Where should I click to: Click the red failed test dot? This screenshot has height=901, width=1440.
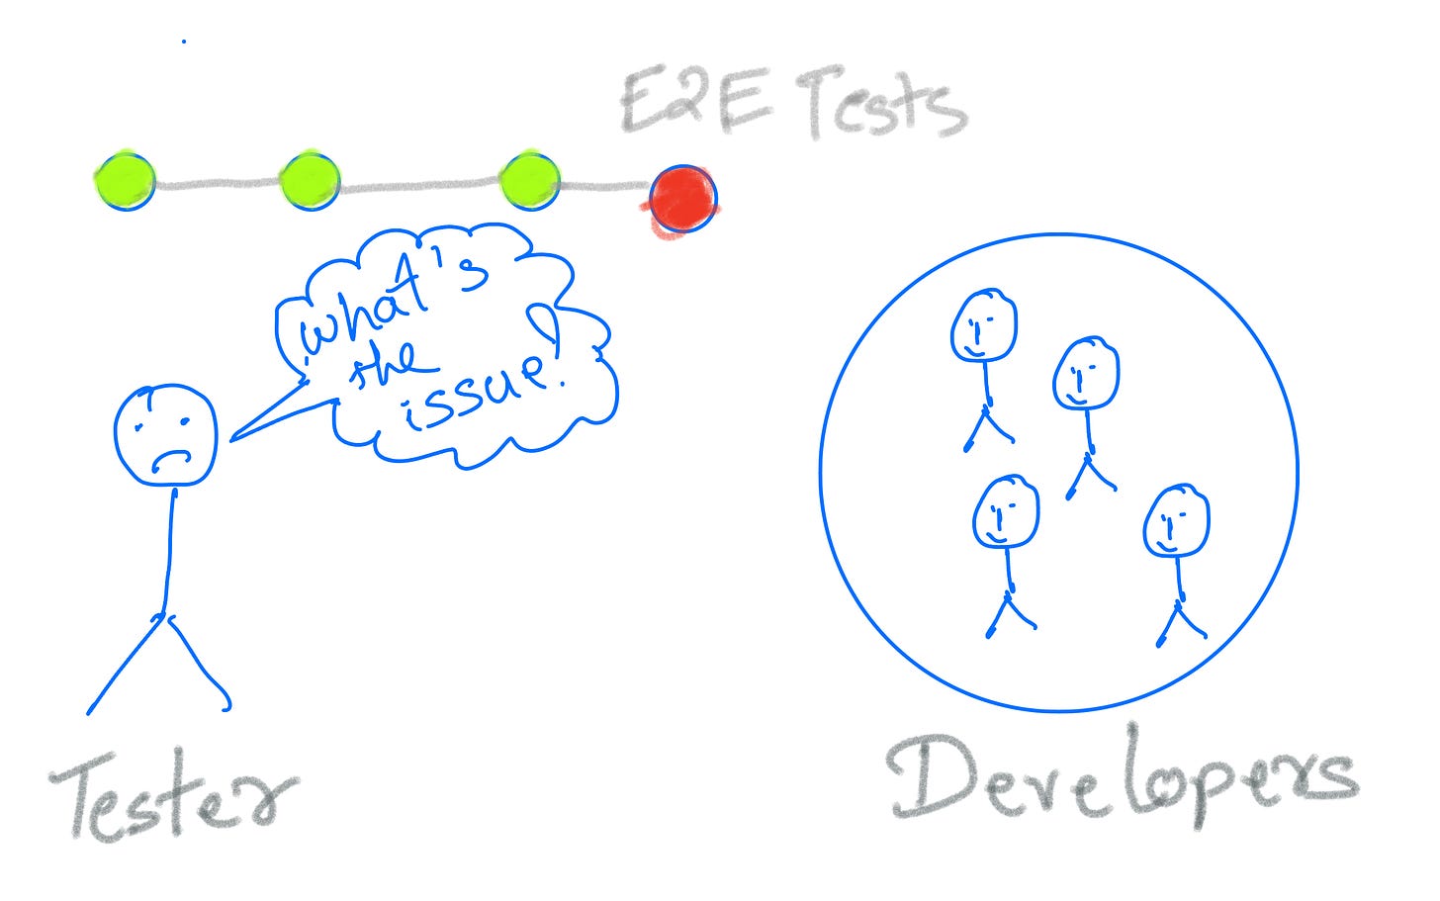683,198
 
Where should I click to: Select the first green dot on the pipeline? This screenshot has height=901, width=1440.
125,180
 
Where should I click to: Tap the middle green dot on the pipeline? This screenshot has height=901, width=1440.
310,181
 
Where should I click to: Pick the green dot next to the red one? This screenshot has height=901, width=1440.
529,181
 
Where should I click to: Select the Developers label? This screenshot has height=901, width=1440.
1123,781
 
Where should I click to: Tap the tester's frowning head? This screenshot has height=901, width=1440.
164,434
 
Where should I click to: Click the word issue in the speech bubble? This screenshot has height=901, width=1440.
475,394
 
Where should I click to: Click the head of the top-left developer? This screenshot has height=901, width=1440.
983,325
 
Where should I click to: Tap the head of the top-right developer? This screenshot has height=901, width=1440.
1085,373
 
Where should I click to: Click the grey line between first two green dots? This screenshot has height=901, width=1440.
218,183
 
